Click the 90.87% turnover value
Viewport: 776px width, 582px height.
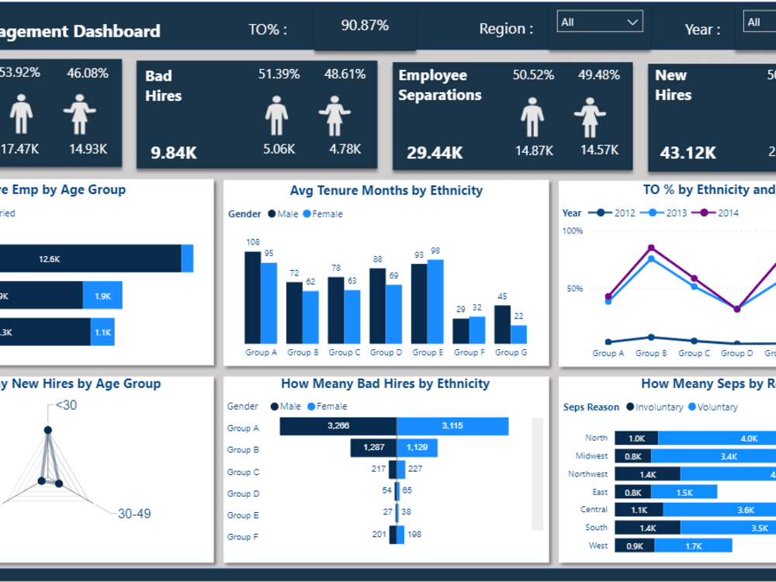tap(365, 26)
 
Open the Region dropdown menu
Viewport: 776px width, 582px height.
tap(600, 23)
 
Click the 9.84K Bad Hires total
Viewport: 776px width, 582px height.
tap(174, 153)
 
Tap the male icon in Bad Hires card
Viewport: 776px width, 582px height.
tap(277, 116)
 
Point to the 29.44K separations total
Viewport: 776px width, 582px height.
tap(435, 153)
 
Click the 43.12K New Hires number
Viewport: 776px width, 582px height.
tap(688, 153)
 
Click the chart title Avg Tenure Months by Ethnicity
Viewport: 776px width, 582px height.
tap(386, 191)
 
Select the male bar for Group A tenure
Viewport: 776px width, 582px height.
tap(252, 297)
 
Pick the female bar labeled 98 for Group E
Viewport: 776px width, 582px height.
tap(435, 301)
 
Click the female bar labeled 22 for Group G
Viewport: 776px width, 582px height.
tap(518, 334)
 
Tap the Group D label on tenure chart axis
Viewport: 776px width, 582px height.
tap(382, 352)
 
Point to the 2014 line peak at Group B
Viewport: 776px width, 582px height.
tap(651, 248)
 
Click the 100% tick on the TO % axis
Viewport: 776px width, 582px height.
tap(573, 231)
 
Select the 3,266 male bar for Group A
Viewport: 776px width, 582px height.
tap(338, 427)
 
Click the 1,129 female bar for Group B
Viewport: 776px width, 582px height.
tap(417, 448)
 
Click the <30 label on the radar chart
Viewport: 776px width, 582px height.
tap(66, 405)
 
